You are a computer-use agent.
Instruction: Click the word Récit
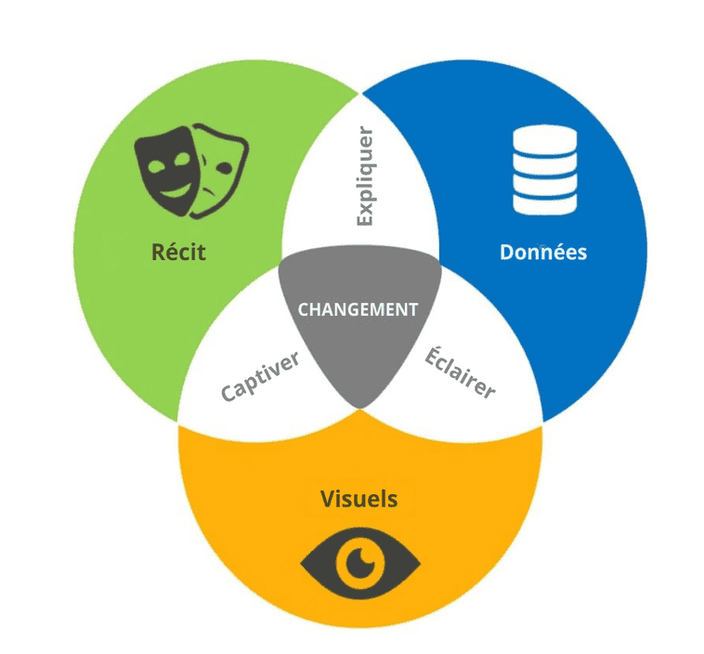(178, 252)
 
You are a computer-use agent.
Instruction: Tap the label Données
(543, 252)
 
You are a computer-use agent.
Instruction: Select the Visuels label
(359, 499)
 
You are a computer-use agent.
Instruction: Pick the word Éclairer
(460, 373)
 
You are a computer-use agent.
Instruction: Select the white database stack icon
(545, 170)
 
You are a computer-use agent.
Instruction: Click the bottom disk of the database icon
(545, 203)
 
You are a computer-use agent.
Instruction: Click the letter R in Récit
(157, 252)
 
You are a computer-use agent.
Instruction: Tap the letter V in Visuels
(328, 499)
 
